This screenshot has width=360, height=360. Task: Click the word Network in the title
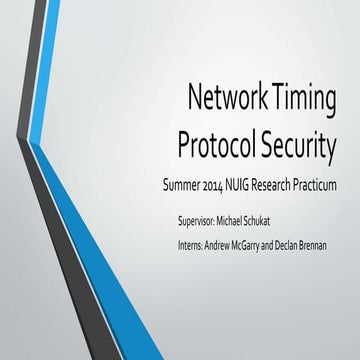[x=226, y=99]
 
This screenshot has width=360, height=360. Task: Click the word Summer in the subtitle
[x=165, y=187]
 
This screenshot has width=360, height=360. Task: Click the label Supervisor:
[x=196, y=218]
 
